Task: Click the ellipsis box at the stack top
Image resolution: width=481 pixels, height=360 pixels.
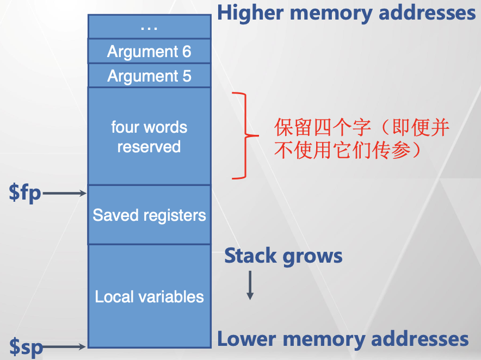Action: pyautogui.click(x=149, y=27)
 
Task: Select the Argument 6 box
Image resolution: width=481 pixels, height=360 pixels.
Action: pyautogui.click(x=149, y=52)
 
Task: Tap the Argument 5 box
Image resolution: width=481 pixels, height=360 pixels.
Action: pyautogui.click(x=149, y=76)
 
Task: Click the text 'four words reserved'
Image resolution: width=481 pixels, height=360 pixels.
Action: pyautogui.click(x=149, y=137)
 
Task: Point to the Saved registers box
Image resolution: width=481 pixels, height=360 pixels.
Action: pyautogui.click(x=149, y=215)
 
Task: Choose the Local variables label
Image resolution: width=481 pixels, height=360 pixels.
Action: pyautogui.click(x=149, y=297)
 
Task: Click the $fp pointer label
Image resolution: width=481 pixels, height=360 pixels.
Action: pyautogui.click(x=25, y=193)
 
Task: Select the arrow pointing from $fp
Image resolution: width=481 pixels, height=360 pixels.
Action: pyautogui.click(x=64, y=193)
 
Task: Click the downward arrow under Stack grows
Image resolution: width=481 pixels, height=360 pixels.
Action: pyautogui.click(x=250, y=285)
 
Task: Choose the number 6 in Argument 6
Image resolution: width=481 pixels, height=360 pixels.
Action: pyautogui.click(x=186, y=52)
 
